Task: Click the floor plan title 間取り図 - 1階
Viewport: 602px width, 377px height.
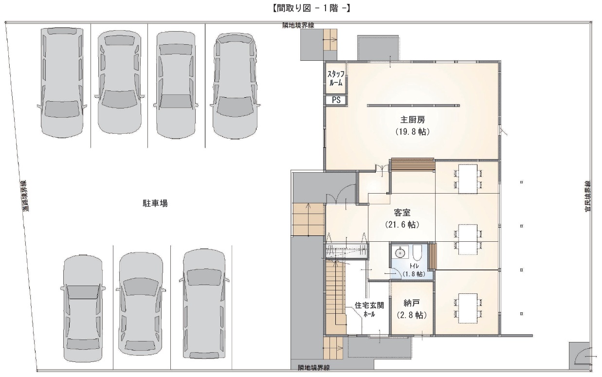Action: tap(310, 8)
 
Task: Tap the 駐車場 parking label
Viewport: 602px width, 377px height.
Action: tap(155, 203)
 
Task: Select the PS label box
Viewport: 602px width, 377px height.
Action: tap(336, 100)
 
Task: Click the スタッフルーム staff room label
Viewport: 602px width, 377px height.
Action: tap(336, 78)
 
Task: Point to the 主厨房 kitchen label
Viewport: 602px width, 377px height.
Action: tap(413, 119)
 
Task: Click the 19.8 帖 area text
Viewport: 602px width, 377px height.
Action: tap(413, 132)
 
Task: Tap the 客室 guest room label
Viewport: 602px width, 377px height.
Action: tap(402, 213)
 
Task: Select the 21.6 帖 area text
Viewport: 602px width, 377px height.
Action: tap(402, 225)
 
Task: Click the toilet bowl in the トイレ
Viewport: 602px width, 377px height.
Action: tap(417, 252)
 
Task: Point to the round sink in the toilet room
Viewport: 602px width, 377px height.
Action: tap(400, 253)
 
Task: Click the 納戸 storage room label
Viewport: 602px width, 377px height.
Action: tap(412, 304)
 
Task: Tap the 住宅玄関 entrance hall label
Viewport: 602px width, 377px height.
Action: tap(369, 305)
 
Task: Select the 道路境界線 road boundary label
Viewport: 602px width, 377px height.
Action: tap(25, 196)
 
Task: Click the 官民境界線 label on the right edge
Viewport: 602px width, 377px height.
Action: tap(588, 196)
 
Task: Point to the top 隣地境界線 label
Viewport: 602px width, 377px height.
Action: tap(298, 25)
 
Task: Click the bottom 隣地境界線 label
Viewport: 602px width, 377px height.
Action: tap(313, 368)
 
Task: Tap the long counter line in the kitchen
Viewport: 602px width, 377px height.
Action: tap(413, 106)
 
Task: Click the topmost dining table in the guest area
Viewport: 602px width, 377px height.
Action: tap(468, 179)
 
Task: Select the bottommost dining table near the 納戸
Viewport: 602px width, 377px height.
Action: tap(468, 308)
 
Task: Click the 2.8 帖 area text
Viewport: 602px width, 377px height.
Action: tap(412, 315)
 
